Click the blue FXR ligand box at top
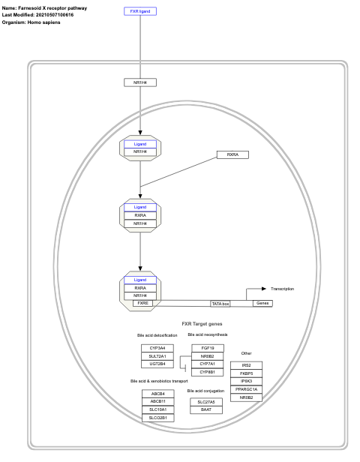(140, 12)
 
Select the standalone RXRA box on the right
(232, 154)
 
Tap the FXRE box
(142, 303)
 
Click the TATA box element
(220, 303)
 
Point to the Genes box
(262, 303)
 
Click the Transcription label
(282, 289)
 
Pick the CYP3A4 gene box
(157, 348)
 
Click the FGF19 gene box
(207, 348)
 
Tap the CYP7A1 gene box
(207, 364)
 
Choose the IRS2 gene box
(246, 364)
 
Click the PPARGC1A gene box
(246, 389)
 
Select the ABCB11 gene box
(157, 401)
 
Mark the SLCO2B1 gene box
(157, 418)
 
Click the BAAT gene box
(205, 409)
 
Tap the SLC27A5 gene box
(205, 402)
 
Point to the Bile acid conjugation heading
(205, 391)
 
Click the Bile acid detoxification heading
(157, 334)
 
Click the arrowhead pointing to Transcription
(263, 289)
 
